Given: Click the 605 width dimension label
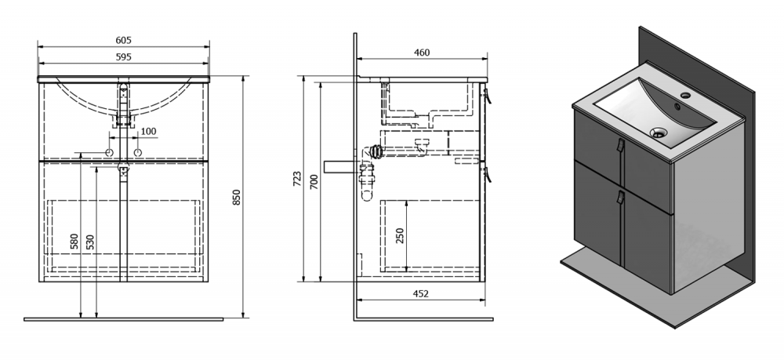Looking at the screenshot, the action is [124, 41].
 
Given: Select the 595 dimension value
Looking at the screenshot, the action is [124, 57].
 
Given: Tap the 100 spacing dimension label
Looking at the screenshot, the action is [148, 132].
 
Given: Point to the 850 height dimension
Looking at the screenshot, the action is [237, 197].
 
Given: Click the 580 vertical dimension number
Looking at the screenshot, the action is [74, 242].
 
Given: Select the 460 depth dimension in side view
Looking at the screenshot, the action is [422, 53].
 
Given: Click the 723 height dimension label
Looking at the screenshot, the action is [296, 179].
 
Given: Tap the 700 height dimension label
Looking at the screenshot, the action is [314, 181].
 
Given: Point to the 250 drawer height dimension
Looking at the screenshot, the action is [400, 235].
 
